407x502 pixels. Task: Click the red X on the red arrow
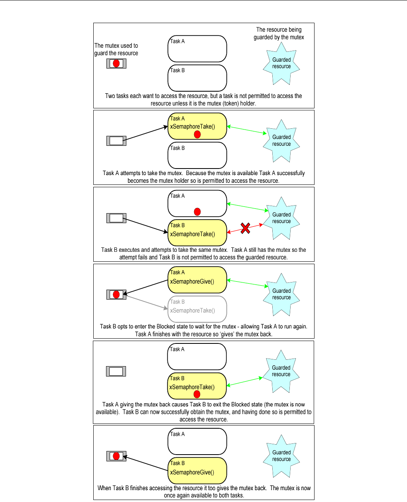tap(246, 228)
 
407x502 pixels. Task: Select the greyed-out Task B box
tap(197, 309)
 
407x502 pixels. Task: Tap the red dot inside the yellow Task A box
tap(197, 135)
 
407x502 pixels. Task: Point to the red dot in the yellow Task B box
tap(197, 394)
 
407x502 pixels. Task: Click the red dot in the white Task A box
tap(197, 212)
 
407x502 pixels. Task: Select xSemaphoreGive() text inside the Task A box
tap(192, 281)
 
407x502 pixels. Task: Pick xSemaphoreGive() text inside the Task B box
tap(192, 472)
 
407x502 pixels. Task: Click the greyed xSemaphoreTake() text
tap(193, 311)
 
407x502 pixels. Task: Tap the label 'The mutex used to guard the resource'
tap(116, 49)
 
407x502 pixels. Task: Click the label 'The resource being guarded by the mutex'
tap(279, 33)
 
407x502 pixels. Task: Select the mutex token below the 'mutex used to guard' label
tap(116, 63)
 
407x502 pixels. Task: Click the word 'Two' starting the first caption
tap(110, 96)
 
